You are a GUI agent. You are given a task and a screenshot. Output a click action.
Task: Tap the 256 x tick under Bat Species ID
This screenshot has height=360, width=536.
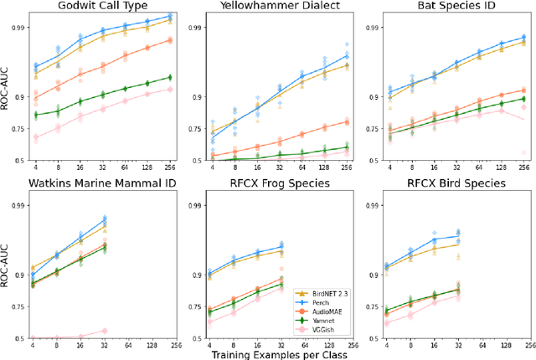(x=523, y=167)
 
